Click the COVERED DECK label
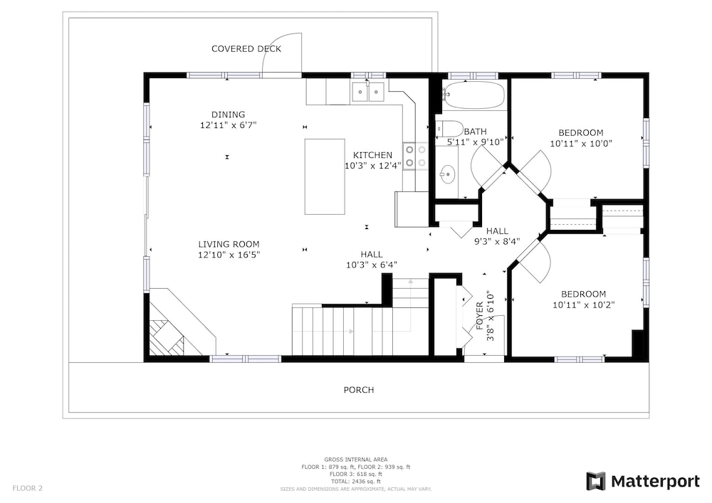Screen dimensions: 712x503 coord(246,48)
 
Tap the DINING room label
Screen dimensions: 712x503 coord(228,115)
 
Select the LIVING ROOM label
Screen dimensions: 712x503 coord(229,244)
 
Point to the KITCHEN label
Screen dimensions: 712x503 coord(372,155)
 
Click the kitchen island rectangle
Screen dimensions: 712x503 coord(325,176)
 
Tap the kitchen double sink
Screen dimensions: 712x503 coord(368,92)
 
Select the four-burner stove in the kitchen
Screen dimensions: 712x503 coord(416,156)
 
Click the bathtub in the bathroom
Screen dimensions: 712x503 coord(473,95)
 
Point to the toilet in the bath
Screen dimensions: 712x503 coord(449,128)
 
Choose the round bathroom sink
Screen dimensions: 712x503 coord(447,174)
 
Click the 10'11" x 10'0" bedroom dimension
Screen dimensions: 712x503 coord(581,144)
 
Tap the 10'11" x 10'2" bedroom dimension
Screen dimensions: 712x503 coord(584,305)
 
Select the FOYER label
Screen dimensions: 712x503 coord(479,316)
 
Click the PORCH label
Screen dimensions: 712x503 coord(359,390)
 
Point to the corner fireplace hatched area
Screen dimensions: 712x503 coord(167,337)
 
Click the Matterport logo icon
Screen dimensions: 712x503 coord(595,481)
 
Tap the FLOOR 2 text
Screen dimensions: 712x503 coord(27,489)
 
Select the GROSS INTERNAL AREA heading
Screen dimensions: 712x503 coord(355,460)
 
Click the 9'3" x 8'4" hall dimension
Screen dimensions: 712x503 coord(497,242)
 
